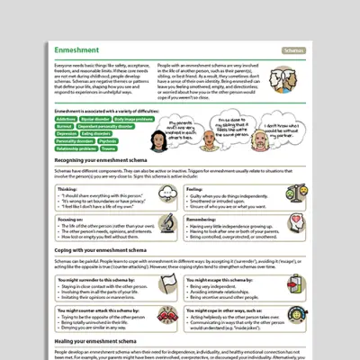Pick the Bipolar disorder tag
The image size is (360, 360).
(95, 118)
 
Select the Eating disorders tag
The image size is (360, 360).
(95, 134)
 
